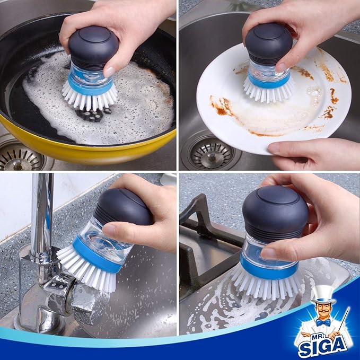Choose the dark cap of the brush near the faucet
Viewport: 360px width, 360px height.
(x=125, y=206)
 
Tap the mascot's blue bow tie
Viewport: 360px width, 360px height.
(x=323, y=322)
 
